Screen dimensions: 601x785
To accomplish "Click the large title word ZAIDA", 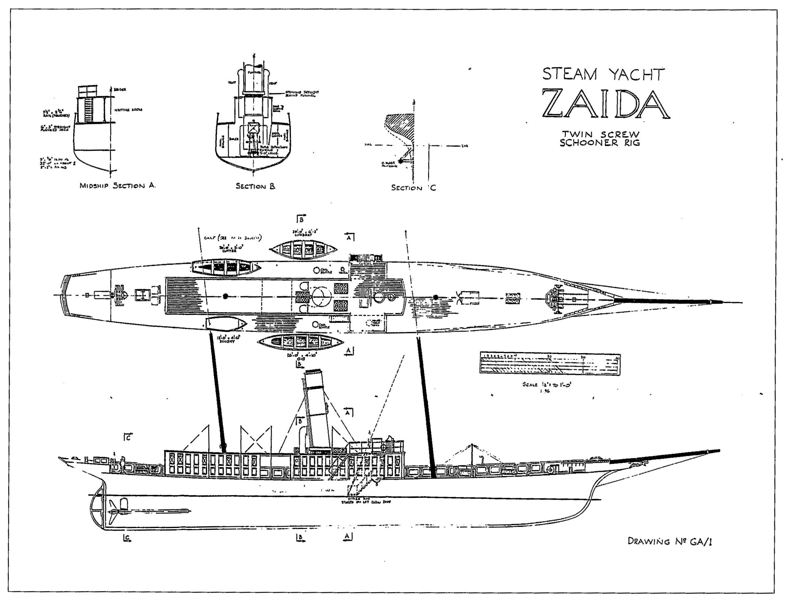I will click(605, 104).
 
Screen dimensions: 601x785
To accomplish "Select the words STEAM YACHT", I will click(603, 74).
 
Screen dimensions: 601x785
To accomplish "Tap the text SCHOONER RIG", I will click(600, 143).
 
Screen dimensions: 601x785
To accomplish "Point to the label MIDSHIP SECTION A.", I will click(118, 186).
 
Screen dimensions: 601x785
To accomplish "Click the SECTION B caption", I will click(255, 186).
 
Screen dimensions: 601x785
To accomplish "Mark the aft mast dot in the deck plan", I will click(225, 296).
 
